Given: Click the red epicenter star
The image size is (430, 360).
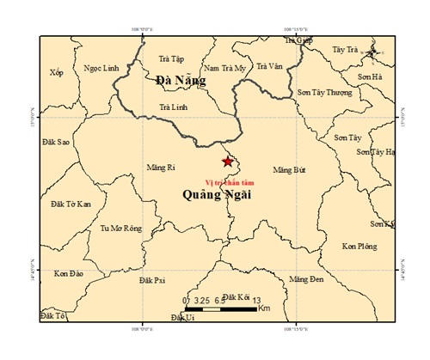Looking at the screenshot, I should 227,162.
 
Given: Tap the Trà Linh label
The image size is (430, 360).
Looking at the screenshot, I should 174,107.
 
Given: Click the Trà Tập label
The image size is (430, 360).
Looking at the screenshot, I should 172,59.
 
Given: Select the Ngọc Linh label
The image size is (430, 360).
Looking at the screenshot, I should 101,69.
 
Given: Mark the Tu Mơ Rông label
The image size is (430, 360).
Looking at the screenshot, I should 120,229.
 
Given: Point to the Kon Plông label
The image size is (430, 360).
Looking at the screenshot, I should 359,247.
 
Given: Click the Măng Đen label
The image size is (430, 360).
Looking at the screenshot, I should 306,280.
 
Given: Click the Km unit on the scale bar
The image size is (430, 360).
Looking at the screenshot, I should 264,307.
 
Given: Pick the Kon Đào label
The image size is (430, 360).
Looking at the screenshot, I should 68,273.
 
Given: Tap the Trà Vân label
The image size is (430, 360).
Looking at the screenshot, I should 271,65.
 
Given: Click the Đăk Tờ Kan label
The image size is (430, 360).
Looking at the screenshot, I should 71,204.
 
